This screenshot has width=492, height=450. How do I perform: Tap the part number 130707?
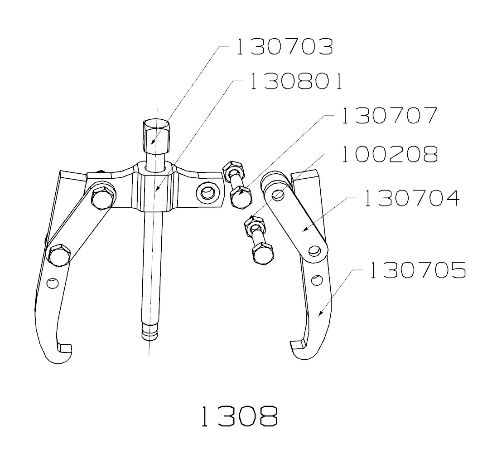coord(389,116)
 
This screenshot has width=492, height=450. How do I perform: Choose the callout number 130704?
coord(411,198)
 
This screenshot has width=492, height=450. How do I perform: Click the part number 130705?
coord(417,270)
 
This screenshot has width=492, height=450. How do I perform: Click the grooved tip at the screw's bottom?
coord(150,334)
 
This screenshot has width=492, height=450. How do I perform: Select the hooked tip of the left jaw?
coord(64,349)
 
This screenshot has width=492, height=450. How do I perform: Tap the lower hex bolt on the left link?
coord(59,255)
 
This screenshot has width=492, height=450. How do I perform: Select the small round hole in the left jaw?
coord(53,283)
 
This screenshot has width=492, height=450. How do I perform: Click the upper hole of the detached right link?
coord(277,194)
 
